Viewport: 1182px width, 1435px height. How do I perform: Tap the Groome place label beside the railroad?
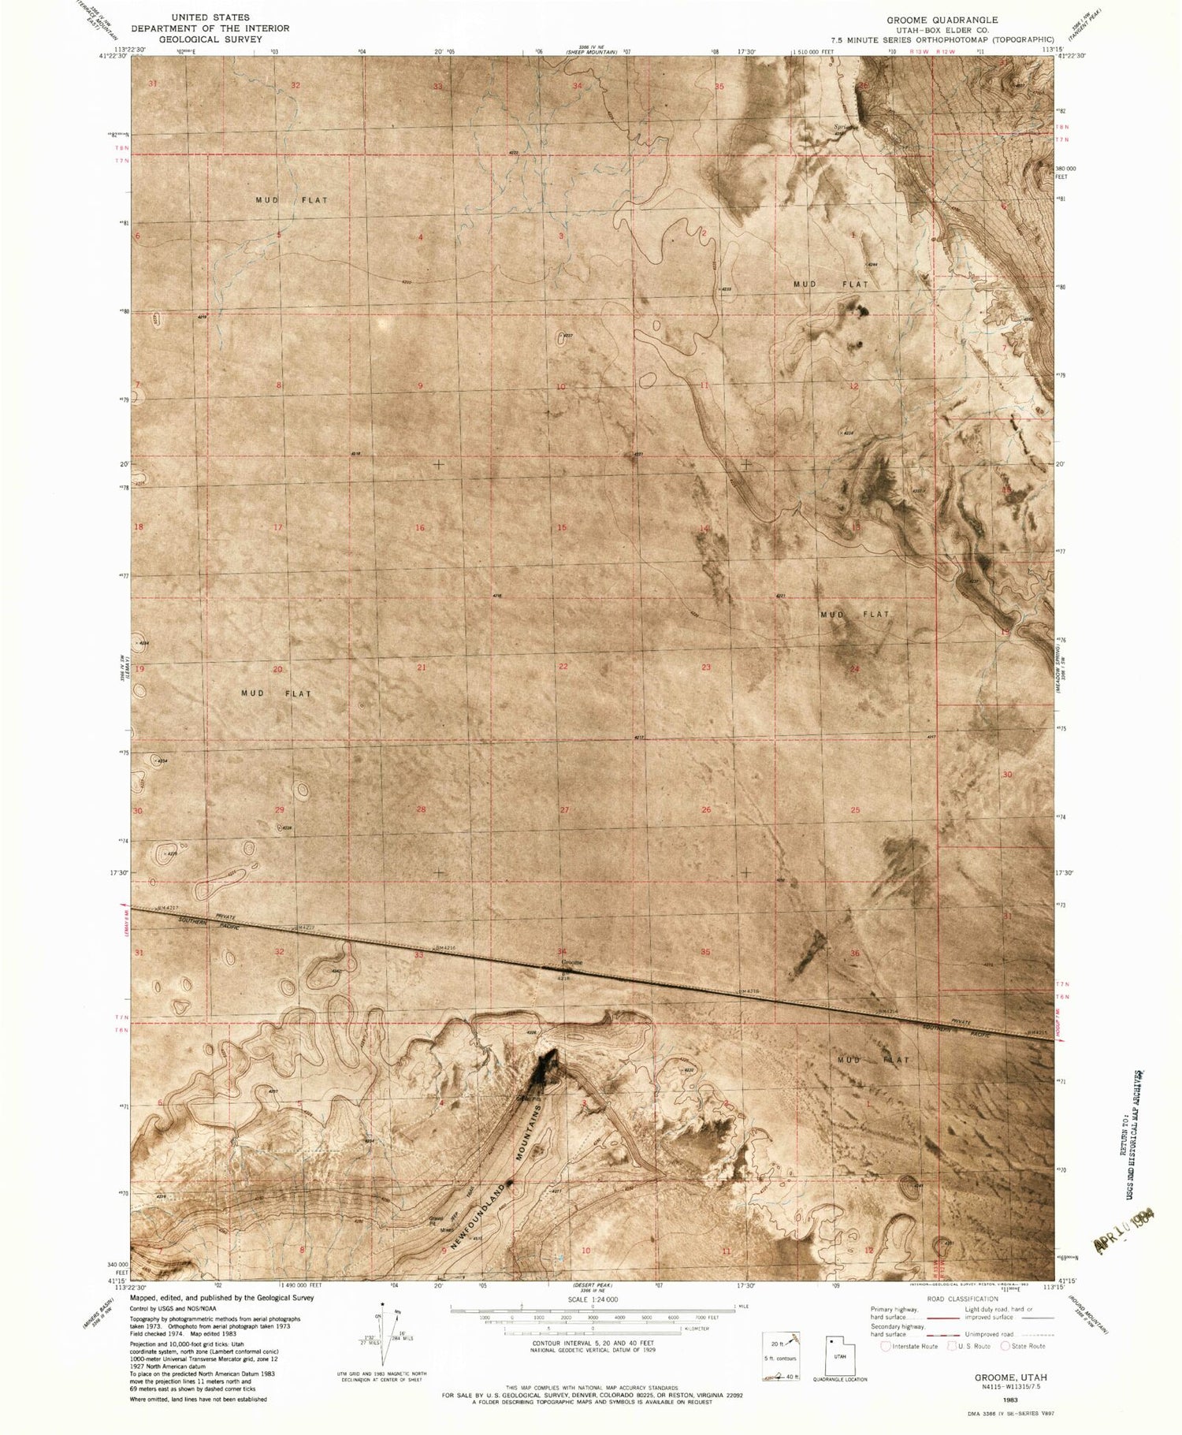pos(571,962)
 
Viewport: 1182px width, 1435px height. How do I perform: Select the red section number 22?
pos(563,667)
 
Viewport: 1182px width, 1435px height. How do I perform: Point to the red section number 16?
pos(420,528)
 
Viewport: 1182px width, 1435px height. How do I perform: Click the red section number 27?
pos(564,810)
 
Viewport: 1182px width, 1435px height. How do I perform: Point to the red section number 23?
pos(706,667)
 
